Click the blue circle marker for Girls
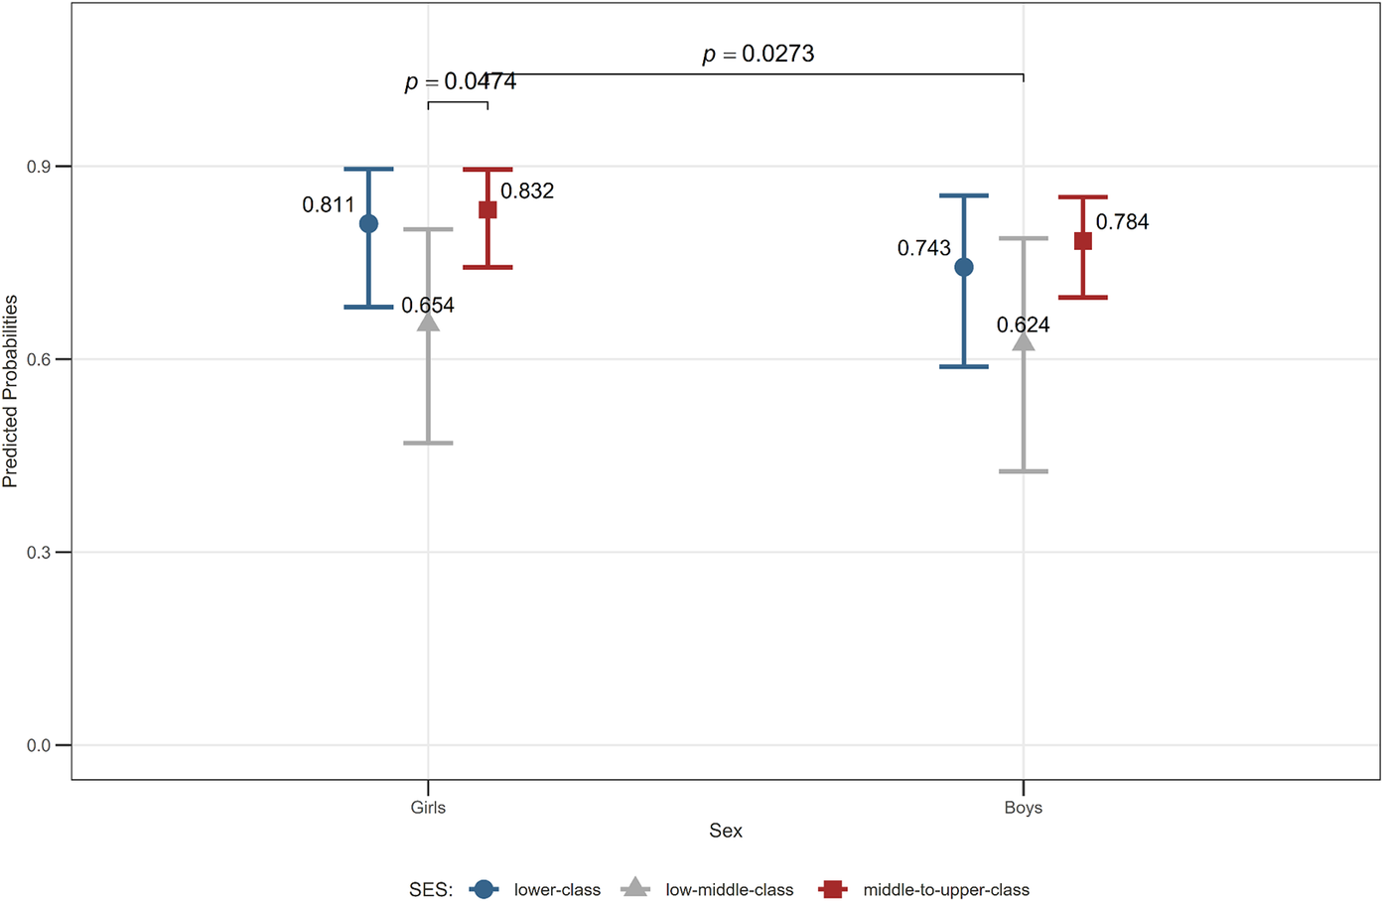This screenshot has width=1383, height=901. coord(368,223)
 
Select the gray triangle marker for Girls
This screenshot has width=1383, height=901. coord(428,321)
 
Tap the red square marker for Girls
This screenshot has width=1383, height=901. coord(487,209)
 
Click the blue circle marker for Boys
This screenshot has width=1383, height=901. coord(964,267)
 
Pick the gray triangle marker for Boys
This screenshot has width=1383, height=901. coord(1023,340)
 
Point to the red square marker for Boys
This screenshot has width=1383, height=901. coord(1083,241)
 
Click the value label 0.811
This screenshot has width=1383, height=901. coord(329,204)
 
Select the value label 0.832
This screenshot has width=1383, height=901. coord(527,192)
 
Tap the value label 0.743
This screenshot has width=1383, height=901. coord(923,248)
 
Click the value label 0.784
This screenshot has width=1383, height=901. coord(1123,222)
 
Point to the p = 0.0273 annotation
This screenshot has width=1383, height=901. coord(759,55)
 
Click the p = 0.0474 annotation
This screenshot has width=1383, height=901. coord(461,81)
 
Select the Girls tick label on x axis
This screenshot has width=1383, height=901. coord(428,807)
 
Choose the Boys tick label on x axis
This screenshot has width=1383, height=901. coord(1023,807)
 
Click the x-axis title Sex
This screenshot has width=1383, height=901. coord(726,831)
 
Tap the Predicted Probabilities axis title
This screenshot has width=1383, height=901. coord(10,391)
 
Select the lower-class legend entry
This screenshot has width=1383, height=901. coord(535,889)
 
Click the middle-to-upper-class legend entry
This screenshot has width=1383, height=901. coord(923,889)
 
